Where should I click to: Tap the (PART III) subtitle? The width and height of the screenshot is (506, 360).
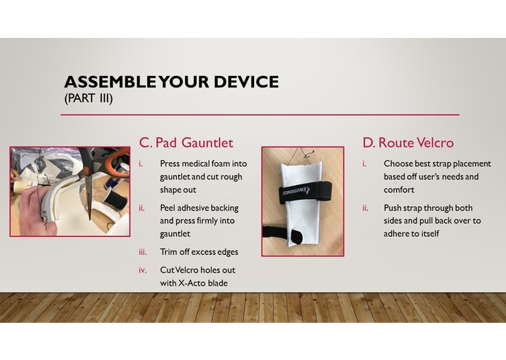tap(88, 98)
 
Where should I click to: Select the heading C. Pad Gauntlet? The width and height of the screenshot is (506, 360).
tap(186, 142)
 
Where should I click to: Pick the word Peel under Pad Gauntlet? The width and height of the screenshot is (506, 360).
tap(169, 208)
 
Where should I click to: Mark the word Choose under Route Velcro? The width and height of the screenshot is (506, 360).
tap(400, 163)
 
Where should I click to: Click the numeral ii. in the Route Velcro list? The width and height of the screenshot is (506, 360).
tap(364, 208)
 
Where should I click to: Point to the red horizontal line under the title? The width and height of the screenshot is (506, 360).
tap(262, 114)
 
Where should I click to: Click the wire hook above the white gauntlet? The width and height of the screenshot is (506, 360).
tap(309, 154)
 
